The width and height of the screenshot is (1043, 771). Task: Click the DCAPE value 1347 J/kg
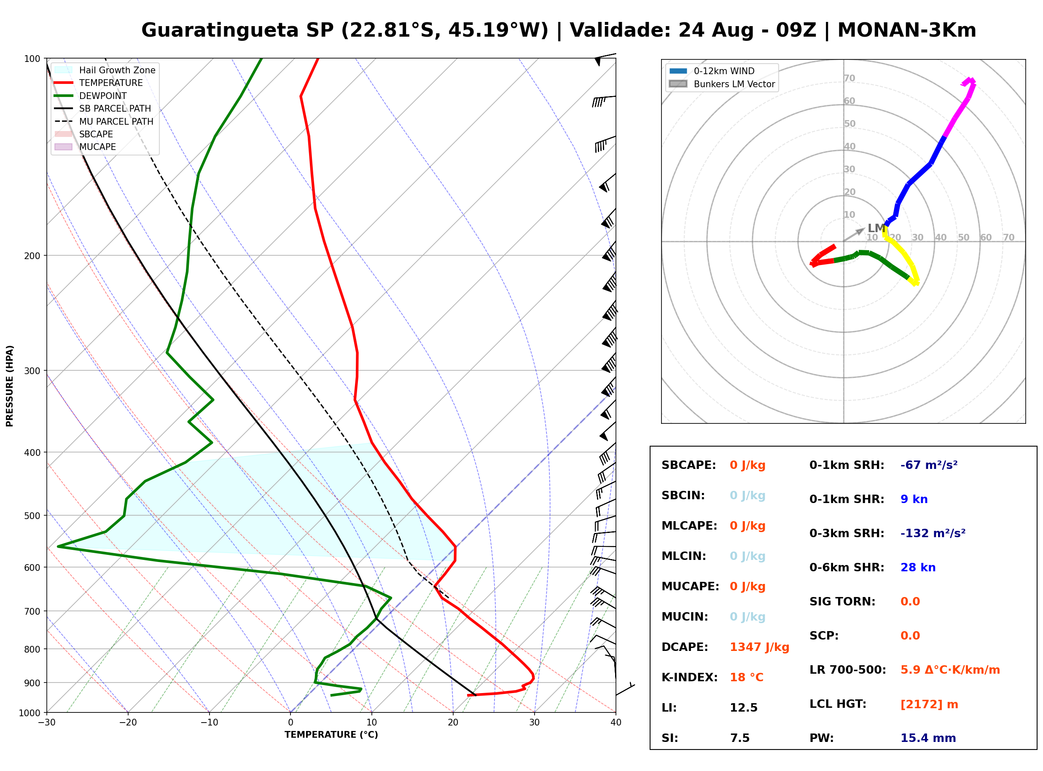[759, 647]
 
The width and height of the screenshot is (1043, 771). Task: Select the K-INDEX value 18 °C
[747, 677]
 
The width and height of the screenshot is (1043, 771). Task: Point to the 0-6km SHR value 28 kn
[918, 568]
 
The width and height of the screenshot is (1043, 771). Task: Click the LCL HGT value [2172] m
[929, 704]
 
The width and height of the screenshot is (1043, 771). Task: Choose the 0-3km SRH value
[933, 533]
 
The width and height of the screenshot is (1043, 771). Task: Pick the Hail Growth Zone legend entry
[105, 70]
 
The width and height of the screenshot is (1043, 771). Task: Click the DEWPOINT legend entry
[91, 96]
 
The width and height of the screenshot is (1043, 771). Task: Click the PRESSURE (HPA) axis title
[10, 386]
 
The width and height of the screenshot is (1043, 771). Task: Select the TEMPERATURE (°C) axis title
[331, 735]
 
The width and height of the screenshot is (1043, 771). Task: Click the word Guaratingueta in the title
[220, 31]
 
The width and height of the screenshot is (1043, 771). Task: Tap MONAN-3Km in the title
[907, 30]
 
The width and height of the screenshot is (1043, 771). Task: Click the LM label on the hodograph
[876, 228]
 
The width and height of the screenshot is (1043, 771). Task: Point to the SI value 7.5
[740, 738]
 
